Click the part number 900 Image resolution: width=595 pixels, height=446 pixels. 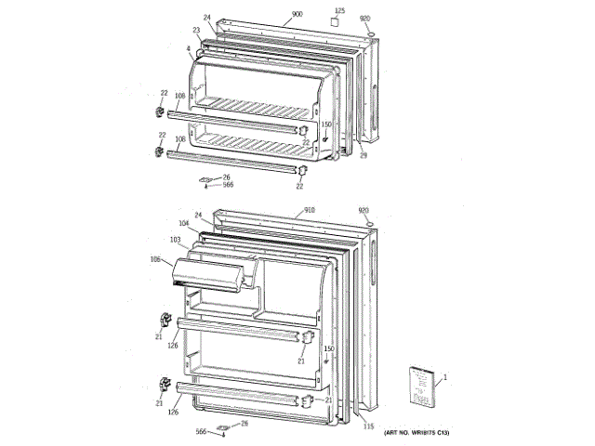pos(297,15)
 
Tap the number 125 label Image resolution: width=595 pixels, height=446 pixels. pos(338,11)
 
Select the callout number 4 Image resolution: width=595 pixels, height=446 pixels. pos(188,47)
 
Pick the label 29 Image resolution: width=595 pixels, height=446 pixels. pos(364,155)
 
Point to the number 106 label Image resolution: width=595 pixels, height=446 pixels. pos(155,259)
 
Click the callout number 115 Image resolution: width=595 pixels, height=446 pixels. pos(368,426)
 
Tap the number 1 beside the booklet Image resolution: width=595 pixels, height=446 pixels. pos(445,376)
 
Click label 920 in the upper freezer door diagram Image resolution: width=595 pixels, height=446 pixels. pos(364,19)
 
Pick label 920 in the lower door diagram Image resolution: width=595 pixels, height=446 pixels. pos(364,211)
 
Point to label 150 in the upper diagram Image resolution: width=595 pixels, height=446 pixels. pos(326,124)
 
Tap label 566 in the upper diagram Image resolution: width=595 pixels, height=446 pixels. pos(228,184)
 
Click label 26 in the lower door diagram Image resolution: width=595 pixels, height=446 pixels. pos(245,424)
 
